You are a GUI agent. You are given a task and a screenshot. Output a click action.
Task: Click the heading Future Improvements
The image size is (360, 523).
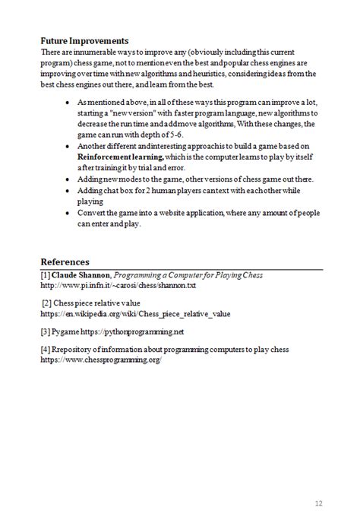tap(84, 40)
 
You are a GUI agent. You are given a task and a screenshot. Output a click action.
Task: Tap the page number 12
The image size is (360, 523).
tap(319, 502)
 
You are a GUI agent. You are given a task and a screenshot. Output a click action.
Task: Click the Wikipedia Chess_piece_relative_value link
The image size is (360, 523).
tap(135, 313)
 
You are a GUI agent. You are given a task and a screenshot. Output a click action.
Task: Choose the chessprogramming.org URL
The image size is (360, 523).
tap(101, 359)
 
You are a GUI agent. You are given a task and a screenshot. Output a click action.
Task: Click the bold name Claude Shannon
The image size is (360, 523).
tap(81, 274)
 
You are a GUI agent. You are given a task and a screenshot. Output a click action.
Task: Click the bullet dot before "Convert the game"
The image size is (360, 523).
tap(70, 214)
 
